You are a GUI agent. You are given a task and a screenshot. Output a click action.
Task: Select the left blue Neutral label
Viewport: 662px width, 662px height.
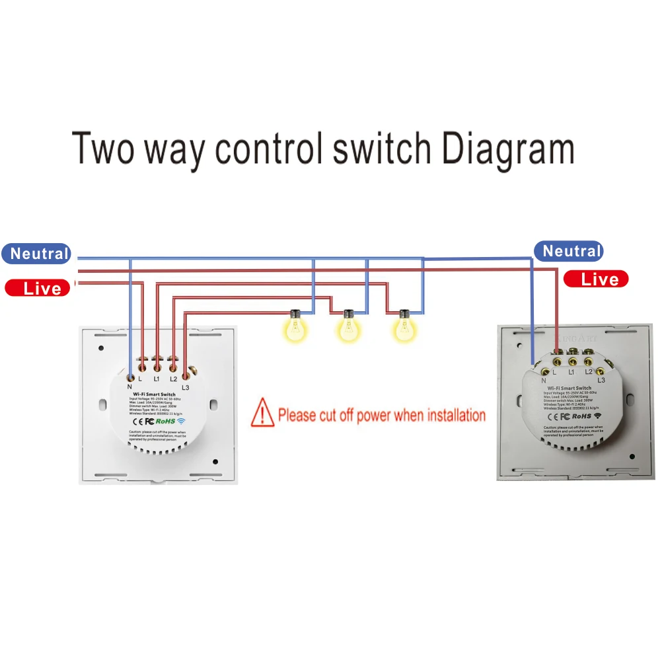point(38,254)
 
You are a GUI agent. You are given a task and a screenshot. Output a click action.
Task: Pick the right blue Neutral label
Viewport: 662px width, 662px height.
point(571,251)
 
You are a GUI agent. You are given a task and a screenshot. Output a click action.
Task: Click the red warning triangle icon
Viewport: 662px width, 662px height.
point(263,412)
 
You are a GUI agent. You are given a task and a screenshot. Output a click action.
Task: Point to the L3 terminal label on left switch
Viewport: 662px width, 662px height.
point(185,386)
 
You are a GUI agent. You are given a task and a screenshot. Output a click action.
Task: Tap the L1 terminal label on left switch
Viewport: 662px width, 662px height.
point(157,379)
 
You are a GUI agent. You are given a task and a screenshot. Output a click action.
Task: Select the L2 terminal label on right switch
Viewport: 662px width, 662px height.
point(588,373)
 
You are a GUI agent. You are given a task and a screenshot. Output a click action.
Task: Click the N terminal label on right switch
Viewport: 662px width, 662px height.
point(543,381)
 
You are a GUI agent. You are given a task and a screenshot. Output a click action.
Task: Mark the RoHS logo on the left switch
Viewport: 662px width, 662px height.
point(165,420)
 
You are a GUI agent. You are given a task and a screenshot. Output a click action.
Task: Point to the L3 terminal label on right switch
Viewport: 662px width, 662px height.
point(601,381)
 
